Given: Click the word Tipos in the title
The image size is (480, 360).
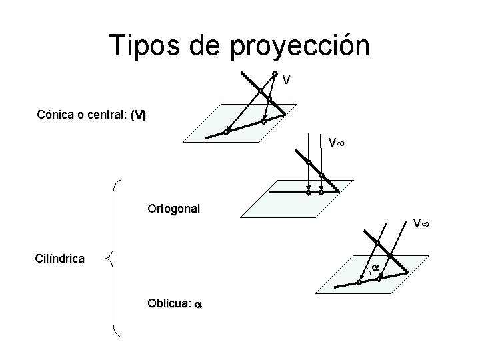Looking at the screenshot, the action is pyautogui.click(x=142, y=46).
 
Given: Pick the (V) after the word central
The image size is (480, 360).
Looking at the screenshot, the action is pyautogui.click(x=138, y=115).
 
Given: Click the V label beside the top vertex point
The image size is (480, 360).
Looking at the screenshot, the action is pyautogui.click(x=286, y=81).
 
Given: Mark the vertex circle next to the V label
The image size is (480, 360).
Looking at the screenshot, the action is pyautogui.click(x=275, y=73).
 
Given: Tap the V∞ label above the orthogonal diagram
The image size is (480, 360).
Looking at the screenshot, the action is pyautogui.click(x=336, y=143).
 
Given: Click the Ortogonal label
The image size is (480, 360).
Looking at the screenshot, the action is pyautogui.click(x=173, y=208).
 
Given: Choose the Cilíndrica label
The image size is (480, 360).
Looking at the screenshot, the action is pyautogui.click(x=59, y=258).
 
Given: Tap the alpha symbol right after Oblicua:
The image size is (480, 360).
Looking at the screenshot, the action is pyautogui.click(x=198, y=304).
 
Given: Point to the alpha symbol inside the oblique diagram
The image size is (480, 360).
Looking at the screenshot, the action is pyautogui.click(x=375, y=267).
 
